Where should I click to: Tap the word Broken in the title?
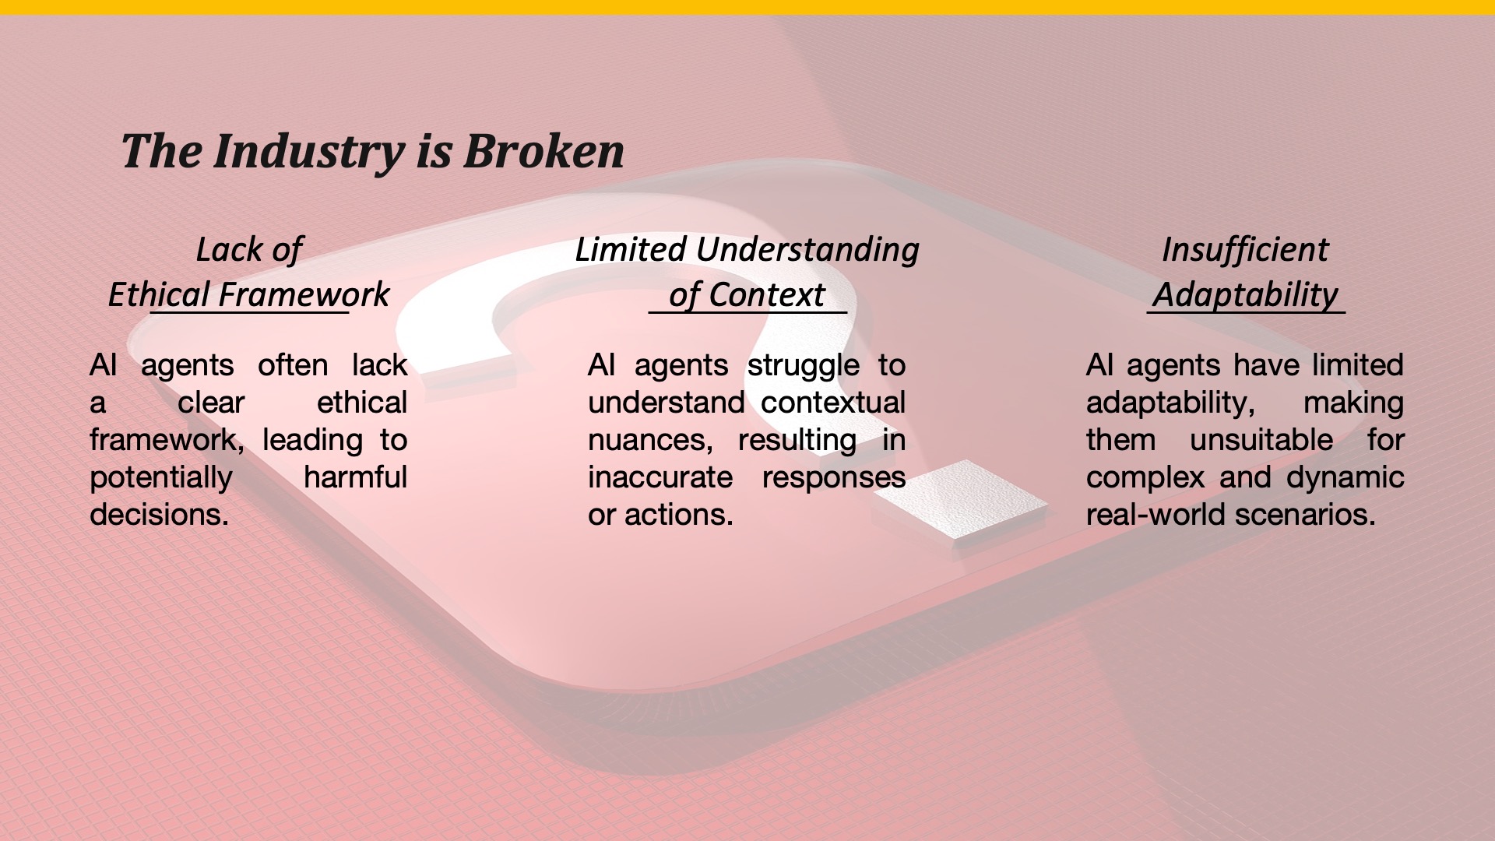point(543,150)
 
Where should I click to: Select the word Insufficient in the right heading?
point(1245,250)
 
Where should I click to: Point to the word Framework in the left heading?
point(304,295)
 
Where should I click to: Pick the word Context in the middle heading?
point(766,295)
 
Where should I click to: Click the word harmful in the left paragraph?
point(355,477)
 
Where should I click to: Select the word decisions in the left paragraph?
point(159,514)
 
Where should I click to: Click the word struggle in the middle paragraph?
point(804,366)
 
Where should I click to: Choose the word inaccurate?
point(660,477)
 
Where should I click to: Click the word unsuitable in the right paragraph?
point(1261,440)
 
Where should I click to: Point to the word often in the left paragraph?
point(293,364)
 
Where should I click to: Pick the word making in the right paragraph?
point(1353,403)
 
